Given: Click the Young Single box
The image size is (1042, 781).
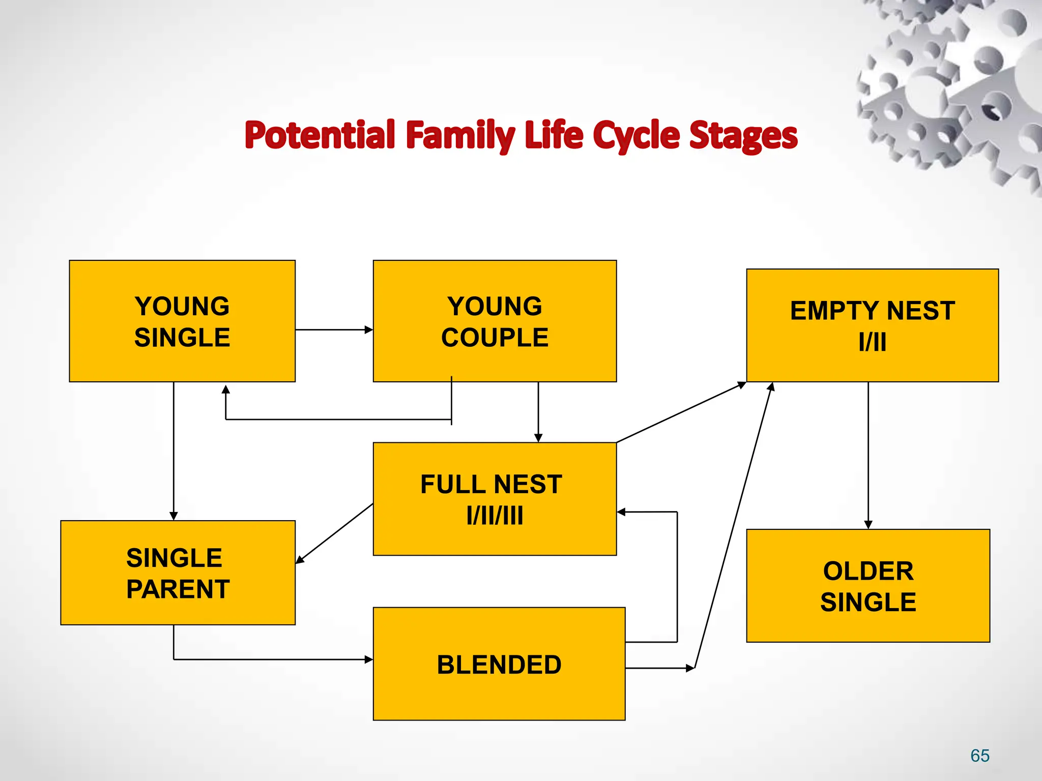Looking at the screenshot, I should (x=182, y=321).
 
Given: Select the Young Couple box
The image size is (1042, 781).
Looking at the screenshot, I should (x=495, y=321).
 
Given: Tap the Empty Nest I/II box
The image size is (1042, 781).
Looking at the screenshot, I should (x=872, y=325).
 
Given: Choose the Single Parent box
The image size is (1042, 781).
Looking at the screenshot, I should (x=178, y=573).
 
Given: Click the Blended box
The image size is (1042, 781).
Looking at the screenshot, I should (x=499, y=664).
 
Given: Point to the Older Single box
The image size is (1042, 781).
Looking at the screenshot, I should (x=868, y=586).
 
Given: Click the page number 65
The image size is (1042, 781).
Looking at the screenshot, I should (x=979, y=756).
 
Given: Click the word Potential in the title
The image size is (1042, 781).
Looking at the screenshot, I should (x=320, y=135).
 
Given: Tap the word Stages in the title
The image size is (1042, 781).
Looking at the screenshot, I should (x=743, y=135).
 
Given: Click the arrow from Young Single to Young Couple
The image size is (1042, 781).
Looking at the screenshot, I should (x=334, y=329).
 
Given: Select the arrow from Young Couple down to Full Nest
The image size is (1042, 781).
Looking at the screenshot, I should (x=538, y=412).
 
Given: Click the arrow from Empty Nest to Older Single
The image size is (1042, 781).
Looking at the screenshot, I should (x=868, y=455).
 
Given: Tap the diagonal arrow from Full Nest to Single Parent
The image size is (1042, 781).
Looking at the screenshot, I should (x=335, y=533).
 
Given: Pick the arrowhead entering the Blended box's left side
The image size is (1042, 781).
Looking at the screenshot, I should (x=369, y=659).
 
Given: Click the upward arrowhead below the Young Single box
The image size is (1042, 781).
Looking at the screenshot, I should (x=226, y=389).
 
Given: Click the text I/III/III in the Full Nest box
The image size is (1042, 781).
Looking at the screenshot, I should (x=495, y=516).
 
